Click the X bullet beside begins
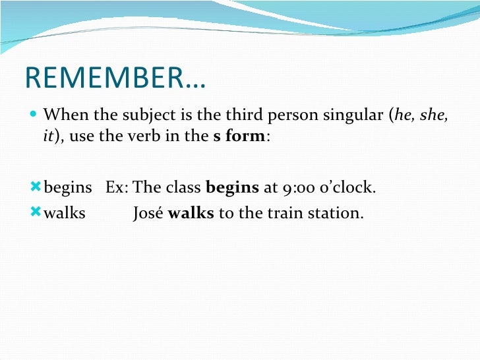pos(36,187)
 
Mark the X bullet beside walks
pos(36,213)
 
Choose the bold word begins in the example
pos(232,188)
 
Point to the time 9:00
pos(297,188)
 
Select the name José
pos(148,214)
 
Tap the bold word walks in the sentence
pos(191,214)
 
